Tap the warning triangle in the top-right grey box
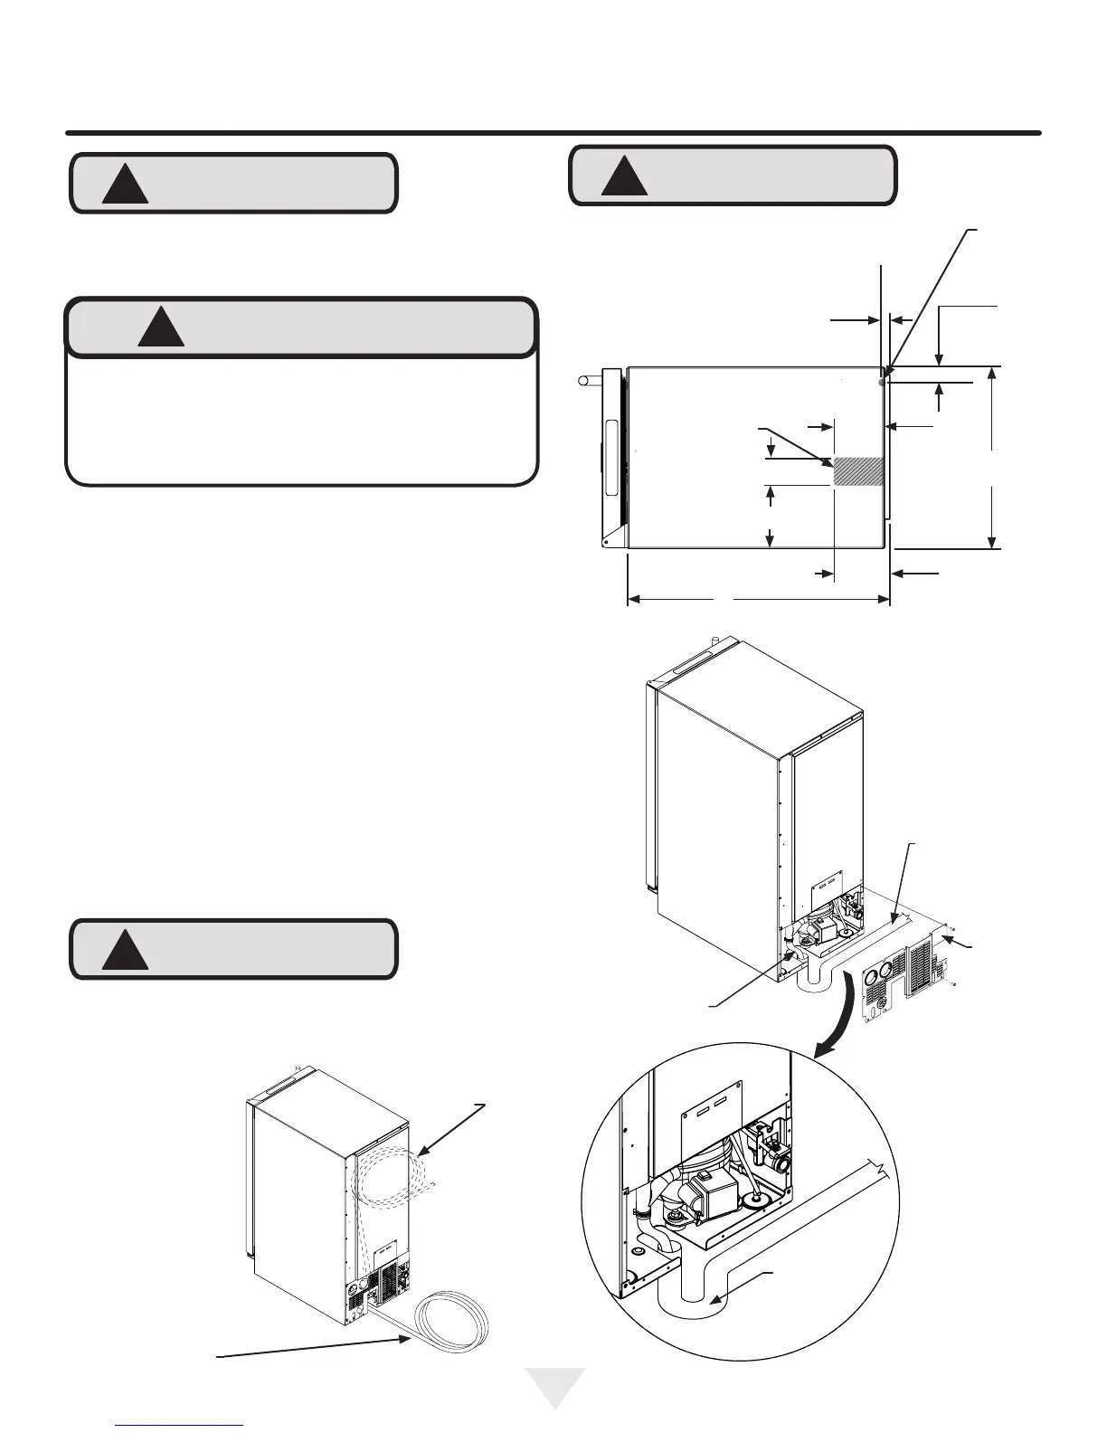(624, 177)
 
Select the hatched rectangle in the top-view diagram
(857, 471)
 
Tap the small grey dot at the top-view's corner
(882, 383)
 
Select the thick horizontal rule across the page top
(553, 133)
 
